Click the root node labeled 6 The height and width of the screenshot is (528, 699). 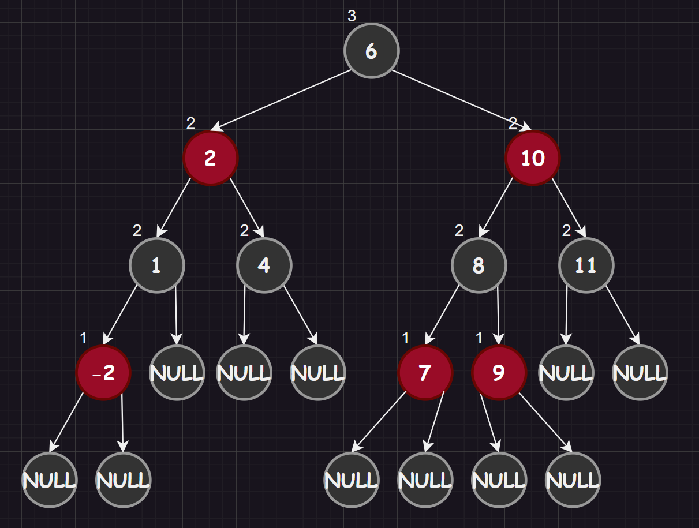(371, 51)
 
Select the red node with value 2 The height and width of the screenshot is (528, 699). (211, 158)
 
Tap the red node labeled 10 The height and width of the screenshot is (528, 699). (533, 158)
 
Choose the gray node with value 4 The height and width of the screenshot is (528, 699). (264, 265)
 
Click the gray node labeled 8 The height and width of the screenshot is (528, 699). (479, 265)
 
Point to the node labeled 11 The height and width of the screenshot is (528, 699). (586, 265)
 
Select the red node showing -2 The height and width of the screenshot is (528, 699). (104, 373)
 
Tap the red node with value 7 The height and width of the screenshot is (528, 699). (425, 373)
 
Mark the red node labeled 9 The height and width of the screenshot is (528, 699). (499, 373)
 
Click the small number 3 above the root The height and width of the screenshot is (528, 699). (352, 16)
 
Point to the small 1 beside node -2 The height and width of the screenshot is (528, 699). (83, 338)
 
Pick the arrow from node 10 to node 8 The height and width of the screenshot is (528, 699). (496, 208)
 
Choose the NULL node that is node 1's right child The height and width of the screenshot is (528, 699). (177, 373)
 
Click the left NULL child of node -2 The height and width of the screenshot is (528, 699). (50, 480)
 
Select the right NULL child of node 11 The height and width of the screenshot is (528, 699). (640, 373)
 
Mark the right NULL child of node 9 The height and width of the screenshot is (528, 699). (573, 480)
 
